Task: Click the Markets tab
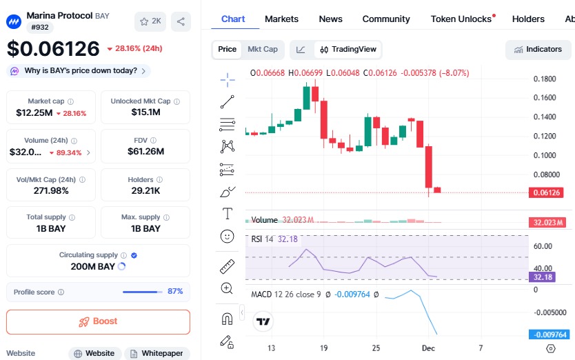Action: click(281, 19)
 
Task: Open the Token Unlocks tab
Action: click(461, 19)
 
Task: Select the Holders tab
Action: click(528, 19)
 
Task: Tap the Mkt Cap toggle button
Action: click(263, 49)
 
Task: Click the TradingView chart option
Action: click(348, 49)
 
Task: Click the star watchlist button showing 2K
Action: click(150, 21)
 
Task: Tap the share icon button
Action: click(181, 21)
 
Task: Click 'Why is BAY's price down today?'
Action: click(80, 70)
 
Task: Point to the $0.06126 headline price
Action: click(53, 49)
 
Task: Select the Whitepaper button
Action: click(157, 353)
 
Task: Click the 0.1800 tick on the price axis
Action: click(545, 79)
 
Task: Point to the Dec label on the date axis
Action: click(428, 347)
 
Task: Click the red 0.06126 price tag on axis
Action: click(547, 193)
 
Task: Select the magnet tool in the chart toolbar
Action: click(227, 318)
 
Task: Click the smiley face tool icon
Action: click(227, 236)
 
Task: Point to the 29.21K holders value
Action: click(145, 190)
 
